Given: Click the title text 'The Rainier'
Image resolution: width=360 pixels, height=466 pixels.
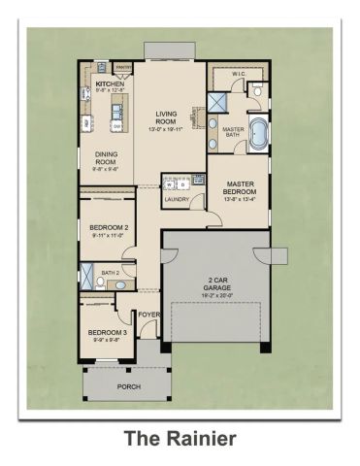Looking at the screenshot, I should click(x=180, y=439).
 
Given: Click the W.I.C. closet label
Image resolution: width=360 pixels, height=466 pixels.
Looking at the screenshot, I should click(x=239, y=74).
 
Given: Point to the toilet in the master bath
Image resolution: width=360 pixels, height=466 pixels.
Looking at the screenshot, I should click(x=256, y=90).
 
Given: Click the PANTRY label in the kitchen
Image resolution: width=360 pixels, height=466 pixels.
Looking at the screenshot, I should click(x=122, y=67).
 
